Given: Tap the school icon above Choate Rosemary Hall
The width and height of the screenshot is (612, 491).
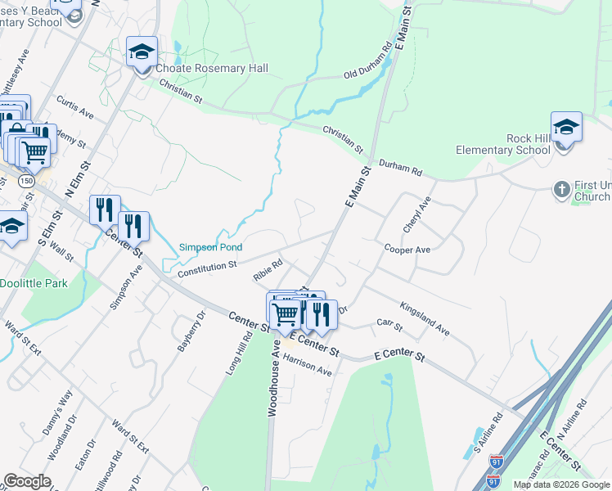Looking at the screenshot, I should (142, 52).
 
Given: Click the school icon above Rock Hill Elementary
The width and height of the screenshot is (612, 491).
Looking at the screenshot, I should (566, 127).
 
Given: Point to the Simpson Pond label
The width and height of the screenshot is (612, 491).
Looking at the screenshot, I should (210, 247).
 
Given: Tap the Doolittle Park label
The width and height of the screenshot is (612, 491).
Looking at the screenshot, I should (34, 282).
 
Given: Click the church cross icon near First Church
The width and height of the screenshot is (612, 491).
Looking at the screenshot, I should (561, 189).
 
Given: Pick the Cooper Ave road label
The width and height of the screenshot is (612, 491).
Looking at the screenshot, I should (407, 248).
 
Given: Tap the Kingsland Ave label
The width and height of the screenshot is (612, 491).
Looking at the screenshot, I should (425, 318).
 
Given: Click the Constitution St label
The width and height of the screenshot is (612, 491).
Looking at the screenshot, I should (207, 267).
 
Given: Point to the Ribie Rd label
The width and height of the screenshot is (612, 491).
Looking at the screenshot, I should (268, 271).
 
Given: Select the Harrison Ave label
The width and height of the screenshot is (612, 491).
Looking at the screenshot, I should (307, 365).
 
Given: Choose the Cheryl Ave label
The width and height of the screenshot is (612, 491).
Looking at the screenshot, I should (416, 214).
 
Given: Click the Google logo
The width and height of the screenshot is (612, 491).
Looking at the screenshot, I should (27, 481).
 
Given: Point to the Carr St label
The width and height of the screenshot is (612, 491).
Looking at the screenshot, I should (389, 326).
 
